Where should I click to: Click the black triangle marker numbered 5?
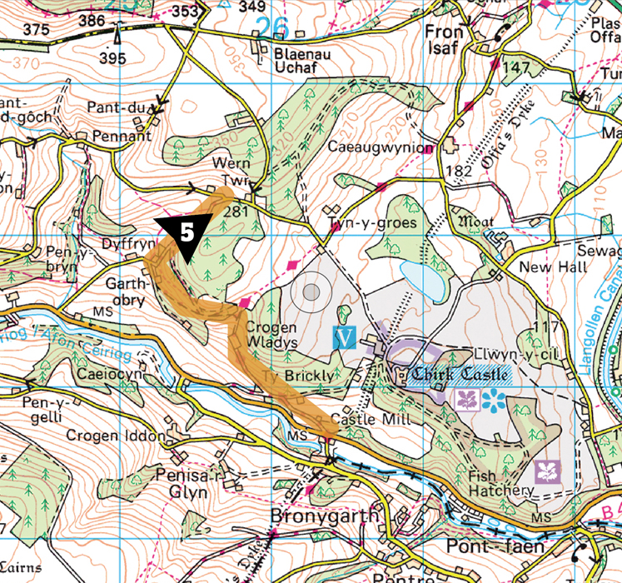[183, 232]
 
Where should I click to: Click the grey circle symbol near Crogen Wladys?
[311, 292]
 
